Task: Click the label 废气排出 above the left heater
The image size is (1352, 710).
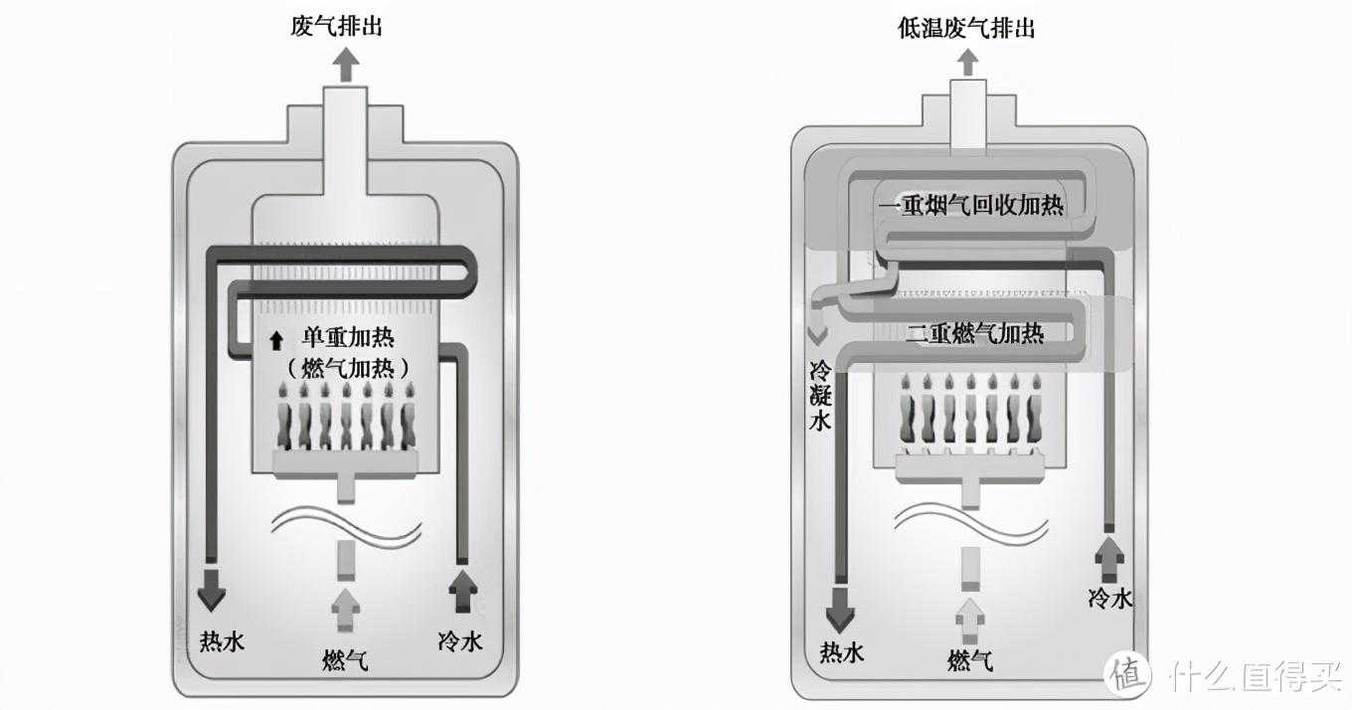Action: tap(336, 27)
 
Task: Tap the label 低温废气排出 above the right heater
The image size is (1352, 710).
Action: tap(965, 29)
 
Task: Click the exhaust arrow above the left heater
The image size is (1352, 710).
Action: tap(347, 66)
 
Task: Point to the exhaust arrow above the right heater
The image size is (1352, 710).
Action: tap(967, 63)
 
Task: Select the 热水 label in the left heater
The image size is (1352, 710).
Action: tap(222, 641)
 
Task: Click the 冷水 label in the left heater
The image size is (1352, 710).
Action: tap(460, 640)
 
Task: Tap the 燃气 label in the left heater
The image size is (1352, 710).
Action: tap(345, 660)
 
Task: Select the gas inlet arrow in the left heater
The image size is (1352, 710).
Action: tap(346, 611)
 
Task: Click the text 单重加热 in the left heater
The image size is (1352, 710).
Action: tap(348, 338)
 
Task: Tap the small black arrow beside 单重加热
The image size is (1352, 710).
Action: tap(276, 340)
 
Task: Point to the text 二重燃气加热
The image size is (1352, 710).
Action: tap(975, 333)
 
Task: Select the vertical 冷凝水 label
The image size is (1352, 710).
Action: tap(820, 396)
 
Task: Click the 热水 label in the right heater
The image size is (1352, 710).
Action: tap(841, 652)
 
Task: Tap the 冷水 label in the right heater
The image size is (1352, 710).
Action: tap(1110, 599)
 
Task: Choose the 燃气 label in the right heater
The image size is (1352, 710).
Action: tap(970, 660)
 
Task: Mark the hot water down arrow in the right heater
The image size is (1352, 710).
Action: tap(840, 610)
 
